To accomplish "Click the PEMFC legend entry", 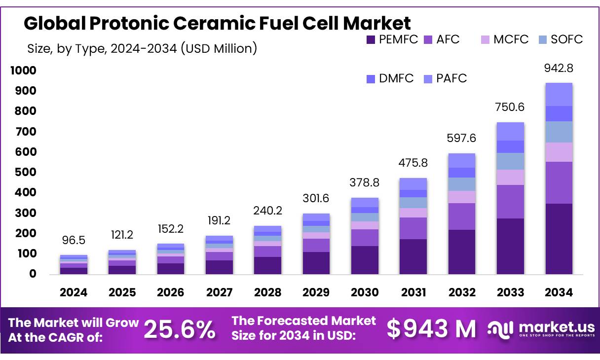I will tap(392, 39).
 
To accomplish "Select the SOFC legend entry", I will tap(560, 39).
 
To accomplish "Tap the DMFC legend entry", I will tap(390, 78).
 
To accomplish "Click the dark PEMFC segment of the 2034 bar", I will tap(559, 239).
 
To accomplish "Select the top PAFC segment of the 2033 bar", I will tap(510, 132).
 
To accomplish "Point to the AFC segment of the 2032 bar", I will tap(462, 216).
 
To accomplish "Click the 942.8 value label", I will tap(559, 68).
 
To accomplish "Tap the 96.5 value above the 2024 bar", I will tap(74, 240).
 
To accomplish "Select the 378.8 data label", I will tap(365, 183).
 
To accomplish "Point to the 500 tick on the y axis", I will tap(24, 172).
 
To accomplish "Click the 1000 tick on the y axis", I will tap(23, 71).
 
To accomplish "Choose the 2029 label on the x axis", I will tap(316, 292).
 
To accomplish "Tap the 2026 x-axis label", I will tap(171, 292).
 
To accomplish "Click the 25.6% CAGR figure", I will tap(180, 329).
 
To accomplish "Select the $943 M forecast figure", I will tap(431, 329).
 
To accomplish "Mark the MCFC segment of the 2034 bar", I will tap(559, 152).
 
